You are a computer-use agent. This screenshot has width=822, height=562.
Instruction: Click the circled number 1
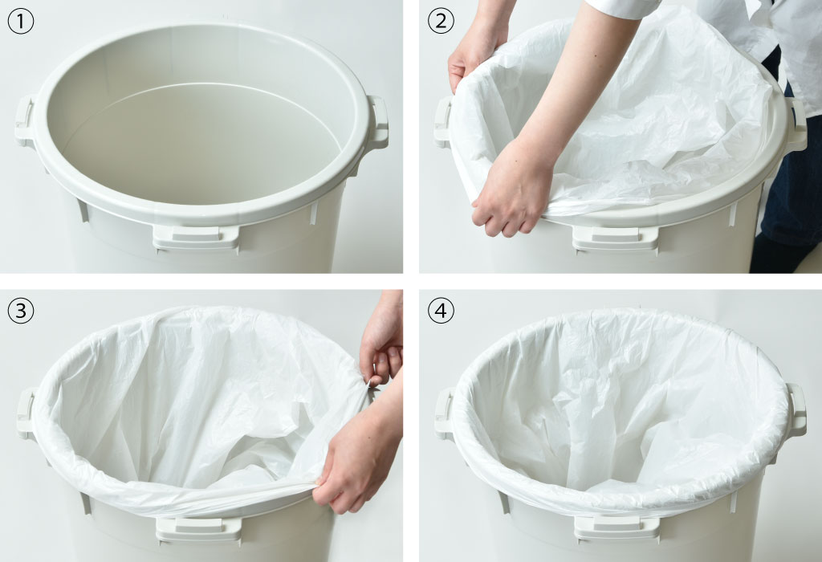[x=21, y=22]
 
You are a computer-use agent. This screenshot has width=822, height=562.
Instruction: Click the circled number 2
[x=441, y=22]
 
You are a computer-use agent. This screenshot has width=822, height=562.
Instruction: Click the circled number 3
[x=21, y=311]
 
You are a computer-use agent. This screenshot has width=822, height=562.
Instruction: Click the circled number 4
[x=441, y=311]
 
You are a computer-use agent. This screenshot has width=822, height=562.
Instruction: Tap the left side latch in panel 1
[x=25, y=121]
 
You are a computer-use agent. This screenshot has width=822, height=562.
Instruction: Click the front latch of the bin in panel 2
[x=615, y=238]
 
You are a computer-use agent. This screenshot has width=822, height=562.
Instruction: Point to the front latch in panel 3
[x=199, y=528]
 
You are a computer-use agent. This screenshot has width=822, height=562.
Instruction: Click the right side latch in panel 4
[x=796, y=409]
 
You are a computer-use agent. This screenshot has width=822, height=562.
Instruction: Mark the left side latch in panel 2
[x=443, y=121]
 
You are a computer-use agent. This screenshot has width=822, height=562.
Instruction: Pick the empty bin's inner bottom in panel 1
[x=201, y=149]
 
